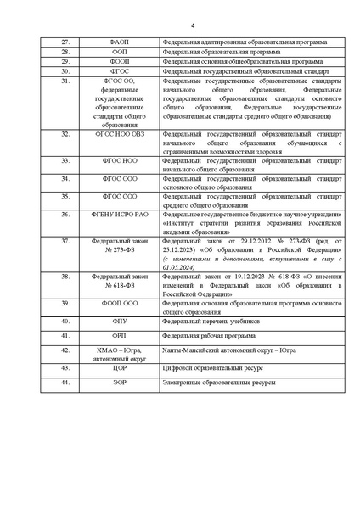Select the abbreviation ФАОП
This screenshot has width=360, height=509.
[x=118, y=42]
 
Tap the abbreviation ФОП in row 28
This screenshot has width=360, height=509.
[x=118, y=52]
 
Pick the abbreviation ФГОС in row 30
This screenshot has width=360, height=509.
[x=118, y=72]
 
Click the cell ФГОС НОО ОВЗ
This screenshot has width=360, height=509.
[x=118, y=135]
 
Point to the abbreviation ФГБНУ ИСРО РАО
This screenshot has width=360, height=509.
[x=118, y=215]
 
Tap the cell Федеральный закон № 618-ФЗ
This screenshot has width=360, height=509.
[x=118, y=282]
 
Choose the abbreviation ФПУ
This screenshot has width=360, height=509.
[x=118, y=322]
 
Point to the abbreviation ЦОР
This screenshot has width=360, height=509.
[x=118, y=368]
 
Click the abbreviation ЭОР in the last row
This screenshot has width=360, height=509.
[x=118, y=384]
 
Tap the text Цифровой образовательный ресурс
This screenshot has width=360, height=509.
[x=213, y=368]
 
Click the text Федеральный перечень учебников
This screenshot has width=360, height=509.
[x=211, y=322]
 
